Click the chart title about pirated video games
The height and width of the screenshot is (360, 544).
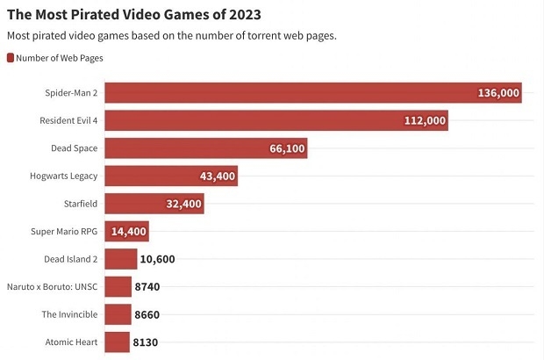tap(133, 15)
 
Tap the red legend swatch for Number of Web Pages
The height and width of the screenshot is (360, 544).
tap(11, 58)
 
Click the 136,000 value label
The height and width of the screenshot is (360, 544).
tap(498, 92)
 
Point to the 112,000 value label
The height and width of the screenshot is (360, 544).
tap(425, 120)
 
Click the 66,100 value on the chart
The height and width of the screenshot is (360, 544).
tap(287, 148)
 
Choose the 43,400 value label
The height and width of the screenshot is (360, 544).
tap(218, 176)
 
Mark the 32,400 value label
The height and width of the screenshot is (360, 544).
tap(183, 204)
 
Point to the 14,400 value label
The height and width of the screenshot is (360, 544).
tap(128, 232)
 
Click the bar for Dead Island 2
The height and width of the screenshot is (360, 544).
tap(121, 259)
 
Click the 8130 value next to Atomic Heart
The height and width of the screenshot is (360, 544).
tap(146, 342)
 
